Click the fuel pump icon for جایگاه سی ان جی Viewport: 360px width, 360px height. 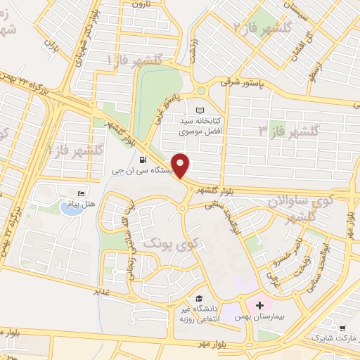(x=143, y=158)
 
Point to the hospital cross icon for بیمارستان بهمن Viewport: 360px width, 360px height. (x=260, y=305)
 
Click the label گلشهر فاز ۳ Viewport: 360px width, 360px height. (x=289, y=131)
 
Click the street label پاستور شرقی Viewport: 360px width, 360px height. (x=245, y=82)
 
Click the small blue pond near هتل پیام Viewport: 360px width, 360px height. (x=65, y=213)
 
